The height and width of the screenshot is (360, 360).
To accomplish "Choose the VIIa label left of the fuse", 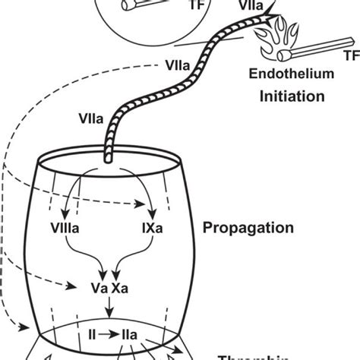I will [x=87, y=118].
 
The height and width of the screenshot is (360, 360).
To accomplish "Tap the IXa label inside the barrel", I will [x=152, y=226].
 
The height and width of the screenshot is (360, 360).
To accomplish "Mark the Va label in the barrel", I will [x=99, y=289].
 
